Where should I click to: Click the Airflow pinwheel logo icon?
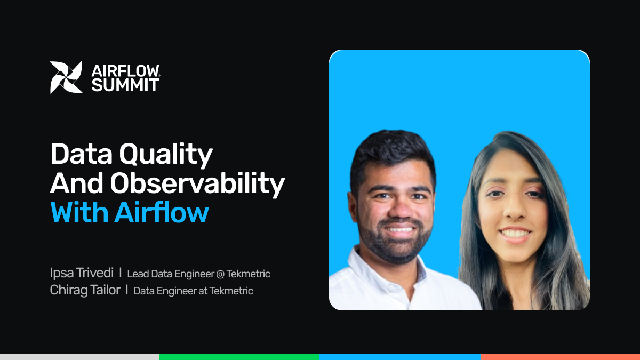click(x=66, y=77)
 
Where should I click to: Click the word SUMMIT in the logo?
click(x=125, y=85)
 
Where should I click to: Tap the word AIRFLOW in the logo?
click(x=125, y=71)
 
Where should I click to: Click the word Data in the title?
click(x=82, y=154)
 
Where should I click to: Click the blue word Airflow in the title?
click(x=162, y=212)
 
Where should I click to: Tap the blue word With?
click(x=79, y=212)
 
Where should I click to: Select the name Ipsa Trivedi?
click(x=82, y=273)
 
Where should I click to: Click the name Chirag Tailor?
click(x=85, y=290)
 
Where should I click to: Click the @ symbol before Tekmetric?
click(x=220, y=274)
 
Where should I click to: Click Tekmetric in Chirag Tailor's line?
click(x=231, y=291)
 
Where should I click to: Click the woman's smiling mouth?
click(x=515, y=235)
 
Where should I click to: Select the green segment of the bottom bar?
click(x=239, y=357)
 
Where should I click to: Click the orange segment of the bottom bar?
click(x=560, y=357)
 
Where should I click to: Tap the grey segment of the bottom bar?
click(x=79, y=357)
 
